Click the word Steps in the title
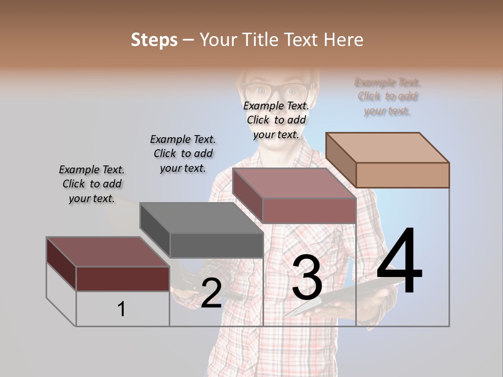tap(154, 40)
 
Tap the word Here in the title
tap(343, 40)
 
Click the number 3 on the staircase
tap(307, 278)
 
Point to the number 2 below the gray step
tap(211, 293)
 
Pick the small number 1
tap(122, 309)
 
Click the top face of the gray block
tap(201, 218)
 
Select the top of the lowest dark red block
tap(108, 252)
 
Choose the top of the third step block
tap(294, 183)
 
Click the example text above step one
tap(92, 184)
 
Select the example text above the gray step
tap(183, 153)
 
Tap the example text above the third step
tap(276, 120)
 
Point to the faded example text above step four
tap(388, 96)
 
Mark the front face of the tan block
tap(402, 175)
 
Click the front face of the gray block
tap(216, 245)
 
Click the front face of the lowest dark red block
tap(123, 279)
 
